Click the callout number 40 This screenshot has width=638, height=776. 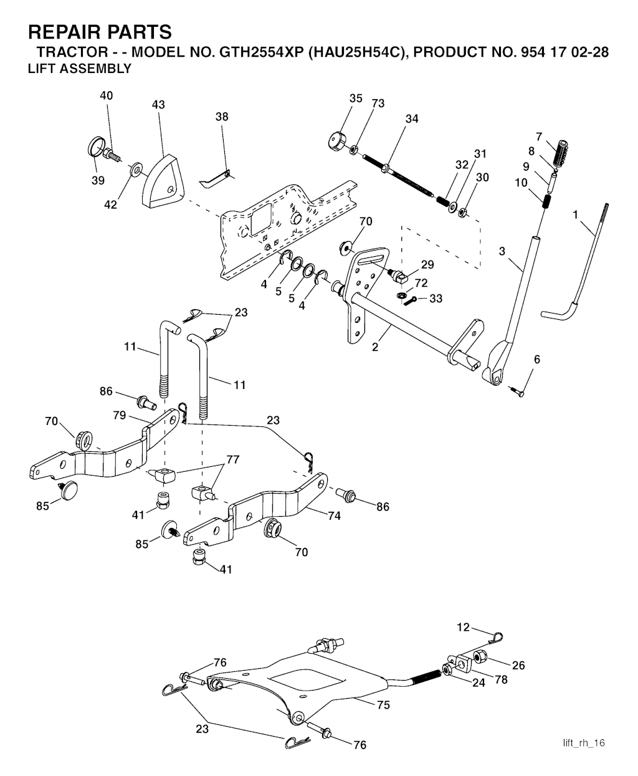107,95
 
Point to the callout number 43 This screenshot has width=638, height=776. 158,105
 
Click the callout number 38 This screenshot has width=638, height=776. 222,117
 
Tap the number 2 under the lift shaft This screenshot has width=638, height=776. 375,347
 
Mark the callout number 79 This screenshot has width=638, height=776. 120,415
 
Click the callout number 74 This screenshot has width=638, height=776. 334,515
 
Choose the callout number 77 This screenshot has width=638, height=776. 232,460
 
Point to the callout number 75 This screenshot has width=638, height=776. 383,705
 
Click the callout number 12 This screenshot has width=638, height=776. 463,627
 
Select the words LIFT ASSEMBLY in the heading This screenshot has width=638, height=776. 80,69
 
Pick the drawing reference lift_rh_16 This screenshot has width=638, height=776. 584,742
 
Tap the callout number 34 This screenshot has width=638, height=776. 411,118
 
